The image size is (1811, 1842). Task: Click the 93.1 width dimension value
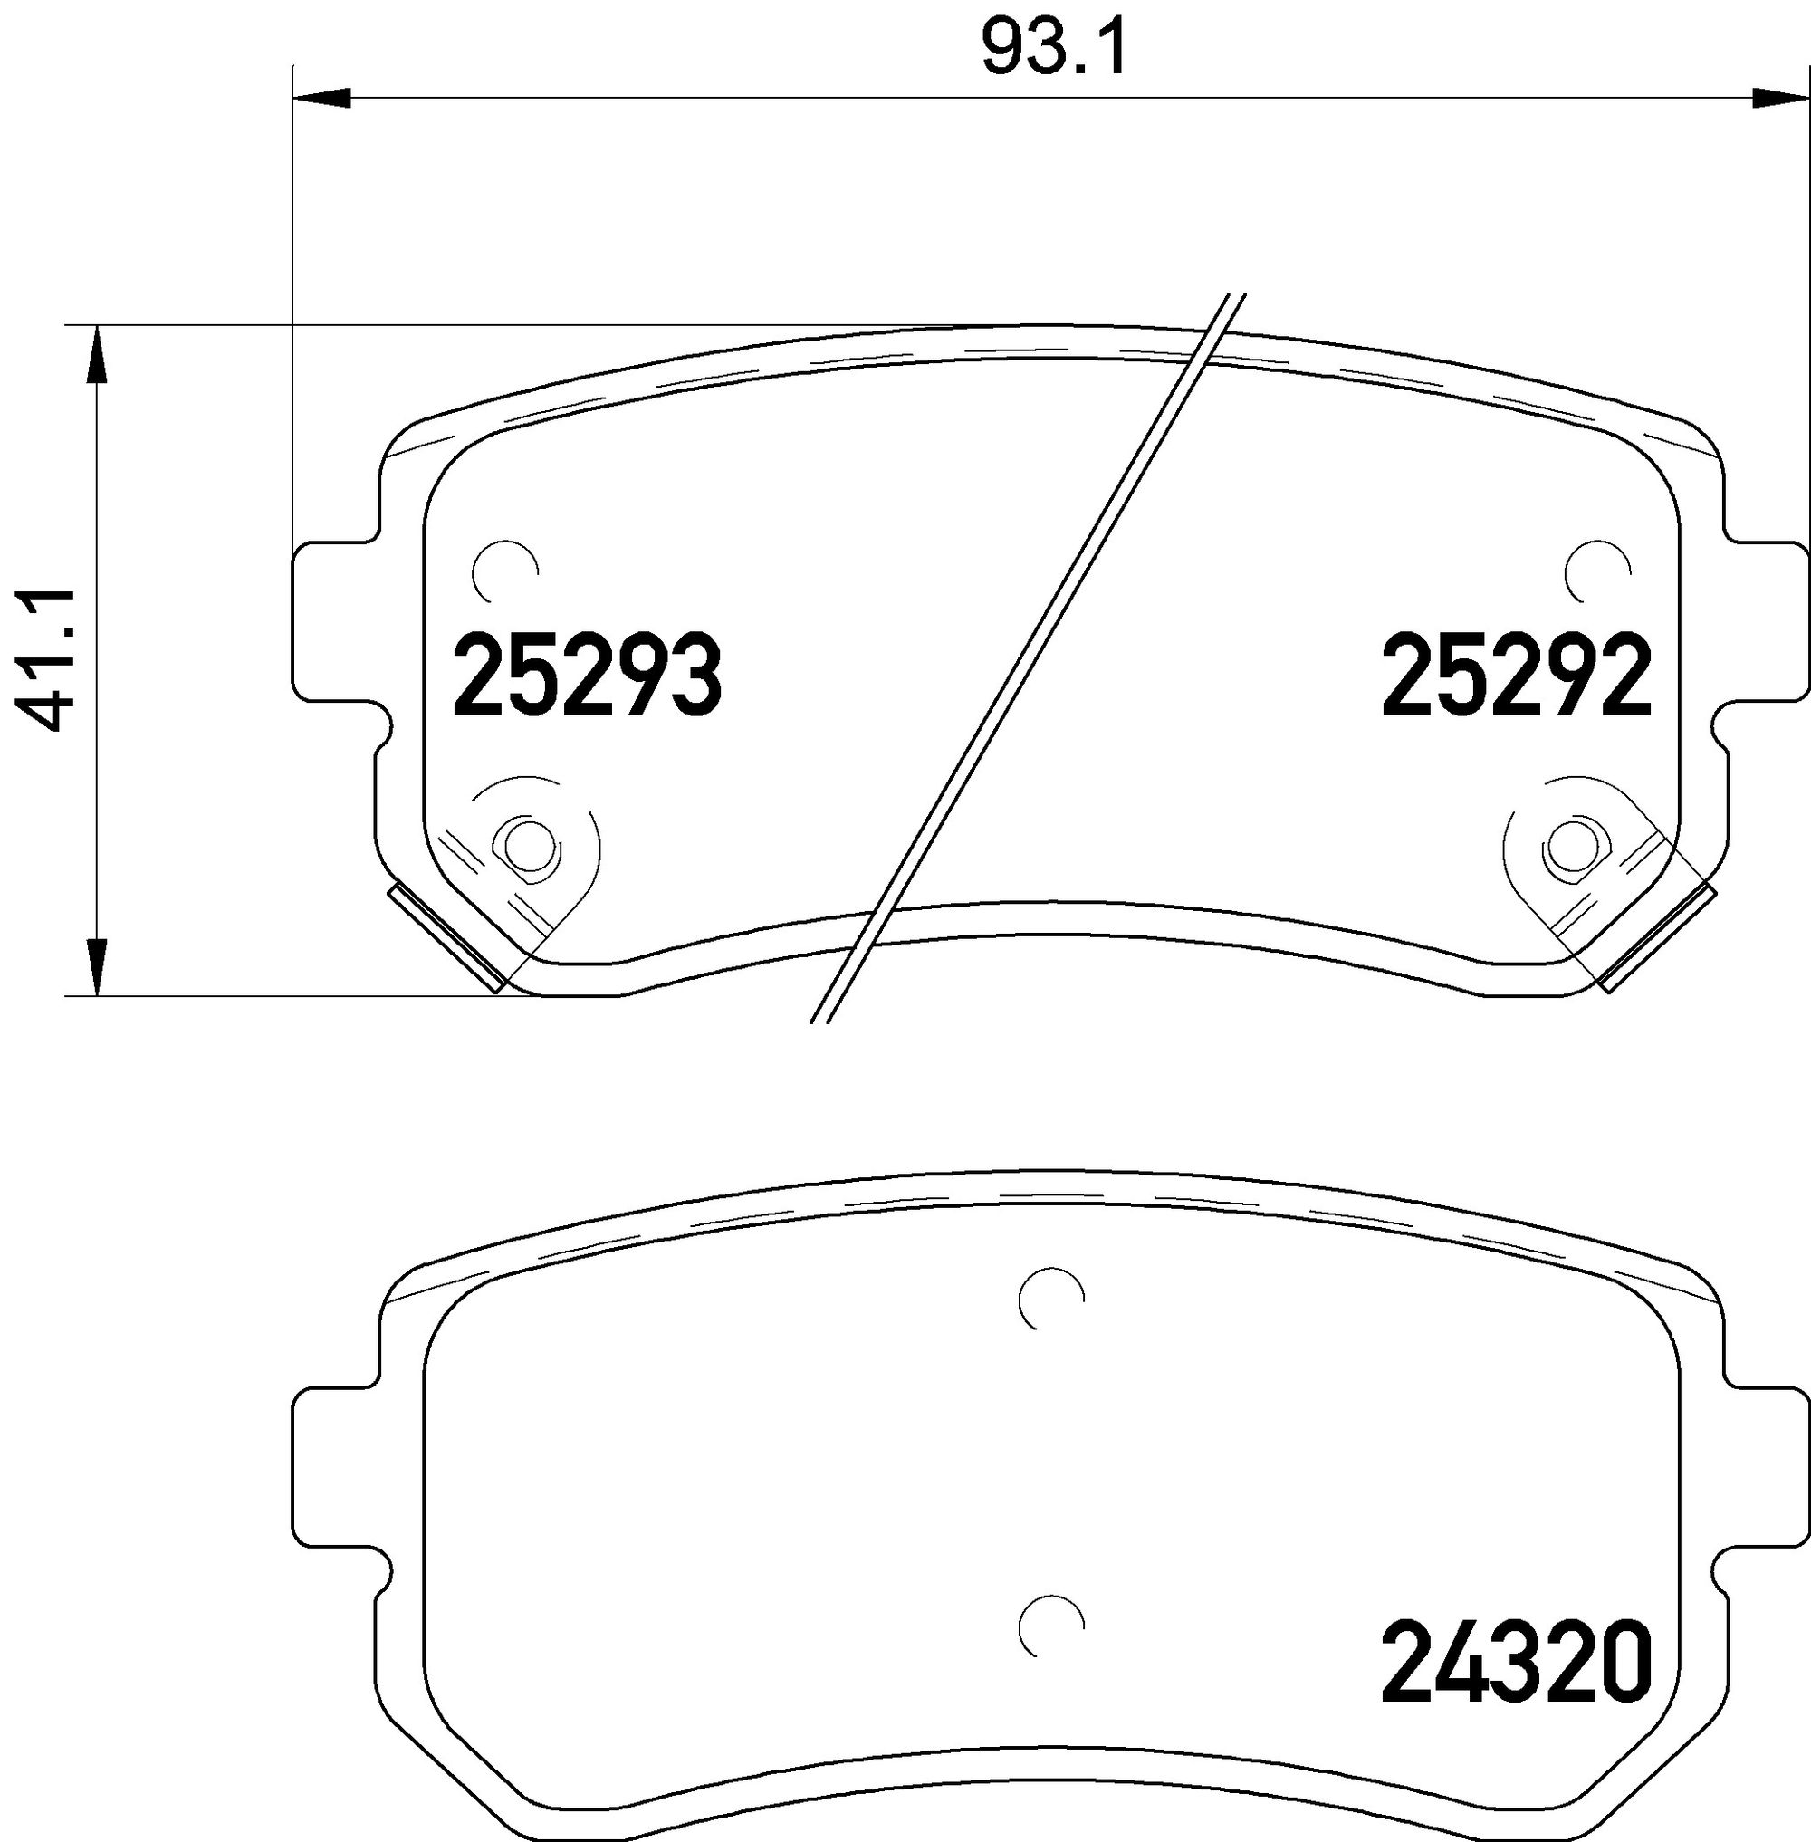pos(1054,50)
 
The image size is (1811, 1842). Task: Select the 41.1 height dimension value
pos(45,659)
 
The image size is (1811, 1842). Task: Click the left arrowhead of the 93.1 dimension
pos(323,97)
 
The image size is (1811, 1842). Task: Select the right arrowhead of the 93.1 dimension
pos(1779,97)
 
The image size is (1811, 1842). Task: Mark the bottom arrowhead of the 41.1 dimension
pos(96,966)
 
